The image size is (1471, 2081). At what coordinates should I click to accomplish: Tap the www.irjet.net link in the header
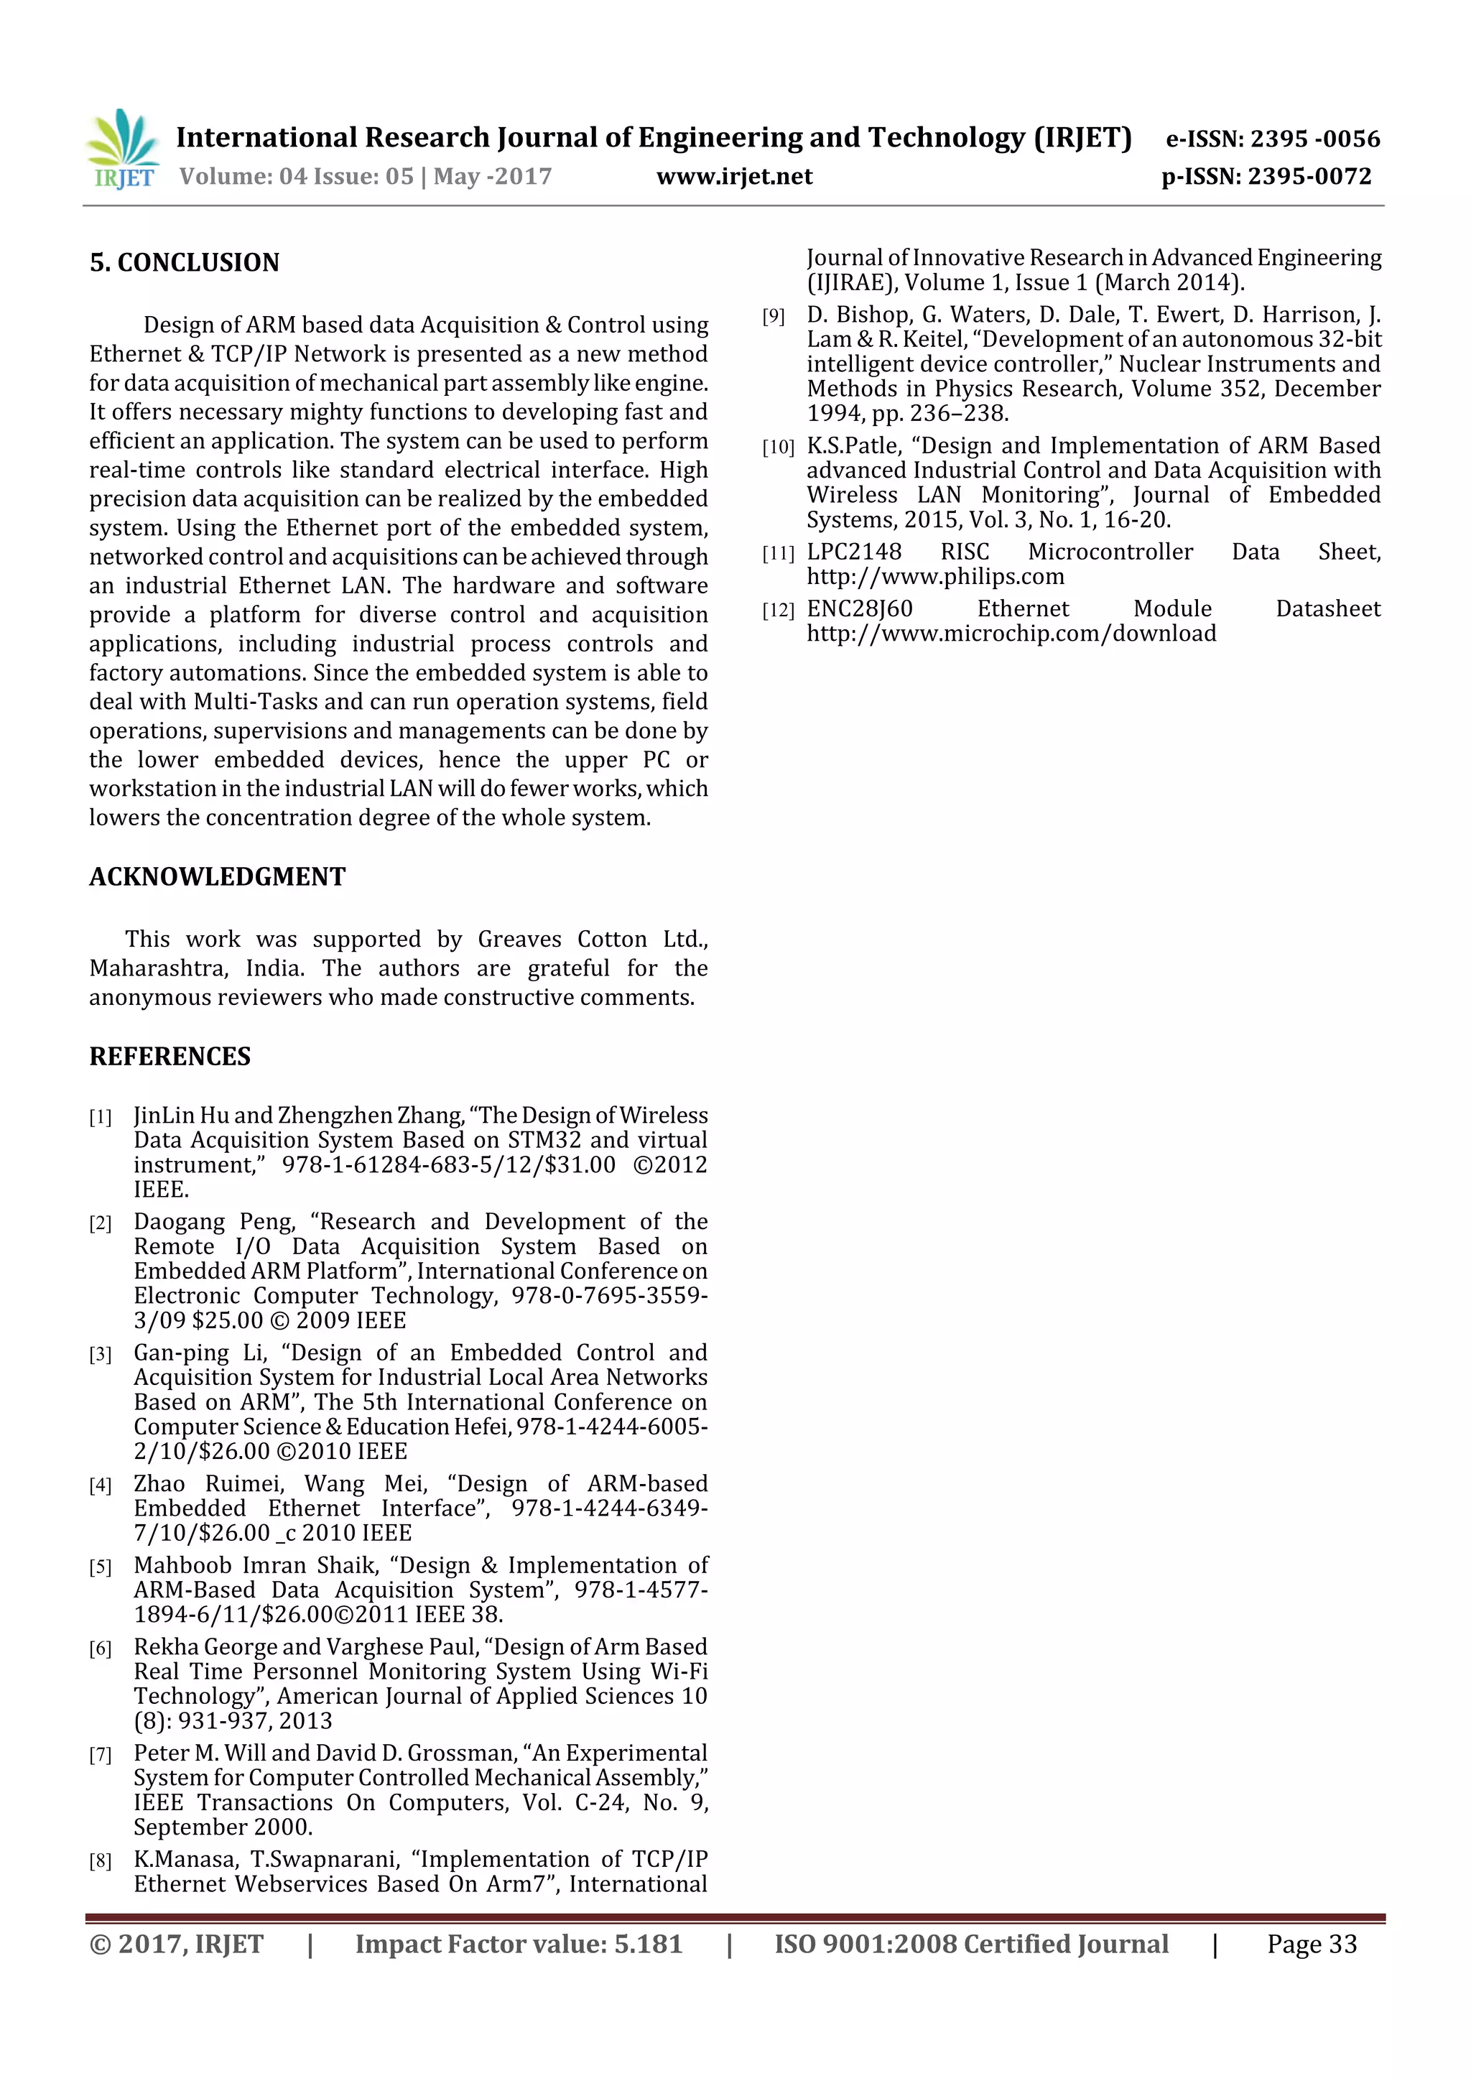click(734, 177)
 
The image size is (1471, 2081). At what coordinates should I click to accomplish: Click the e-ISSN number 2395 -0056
click(1314, 139)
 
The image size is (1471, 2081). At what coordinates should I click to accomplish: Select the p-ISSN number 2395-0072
click(1309, 177)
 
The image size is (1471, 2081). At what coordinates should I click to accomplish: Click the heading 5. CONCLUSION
click(184, 263)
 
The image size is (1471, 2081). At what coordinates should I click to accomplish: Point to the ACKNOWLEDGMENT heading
click(218, 876)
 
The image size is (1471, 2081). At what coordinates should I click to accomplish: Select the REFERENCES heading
click(170, 1056)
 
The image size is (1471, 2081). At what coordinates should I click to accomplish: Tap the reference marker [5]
click(100, 1567)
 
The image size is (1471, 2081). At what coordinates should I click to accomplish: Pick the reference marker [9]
click(773, 316)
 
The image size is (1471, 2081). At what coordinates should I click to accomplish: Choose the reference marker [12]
click(778, 611)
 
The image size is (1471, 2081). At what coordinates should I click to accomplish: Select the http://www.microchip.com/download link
click(1011, 634)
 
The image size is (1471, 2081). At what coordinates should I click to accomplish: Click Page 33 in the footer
click(1312, 1943)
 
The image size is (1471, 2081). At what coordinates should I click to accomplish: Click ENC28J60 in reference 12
click(859, 609)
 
